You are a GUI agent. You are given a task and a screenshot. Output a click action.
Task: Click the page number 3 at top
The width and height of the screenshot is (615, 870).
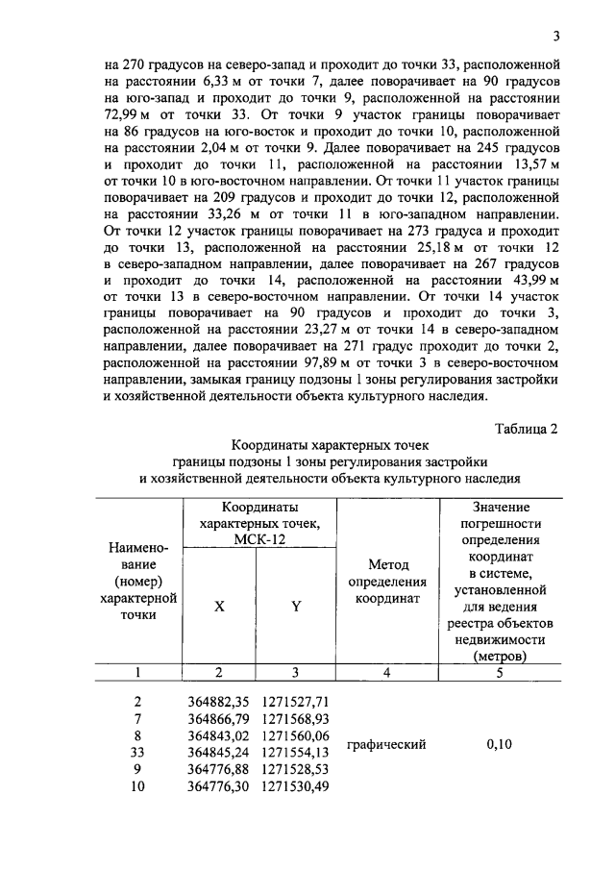click(556, 37)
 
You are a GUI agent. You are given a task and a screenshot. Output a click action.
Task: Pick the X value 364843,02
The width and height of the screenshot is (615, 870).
click(217, 736)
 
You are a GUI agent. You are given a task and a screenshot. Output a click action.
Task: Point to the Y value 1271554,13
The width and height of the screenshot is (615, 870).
click(296, 753)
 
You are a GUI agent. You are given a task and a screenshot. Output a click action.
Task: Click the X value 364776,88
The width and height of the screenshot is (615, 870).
click(217, 769)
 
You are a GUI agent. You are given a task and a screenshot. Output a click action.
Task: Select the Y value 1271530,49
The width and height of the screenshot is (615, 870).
click(296, 786)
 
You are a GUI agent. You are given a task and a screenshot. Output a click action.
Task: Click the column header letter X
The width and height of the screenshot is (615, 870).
click(219, 607)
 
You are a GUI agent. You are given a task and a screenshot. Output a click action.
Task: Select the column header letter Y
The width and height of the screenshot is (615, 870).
click(296, 607)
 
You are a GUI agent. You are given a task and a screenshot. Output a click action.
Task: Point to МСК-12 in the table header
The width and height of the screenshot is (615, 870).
click(258, 539)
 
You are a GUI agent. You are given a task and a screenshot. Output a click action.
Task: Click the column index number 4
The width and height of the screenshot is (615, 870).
click(387, 674)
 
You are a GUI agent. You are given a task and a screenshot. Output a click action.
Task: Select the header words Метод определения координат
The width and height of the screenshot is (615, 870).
click(387, 582)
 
